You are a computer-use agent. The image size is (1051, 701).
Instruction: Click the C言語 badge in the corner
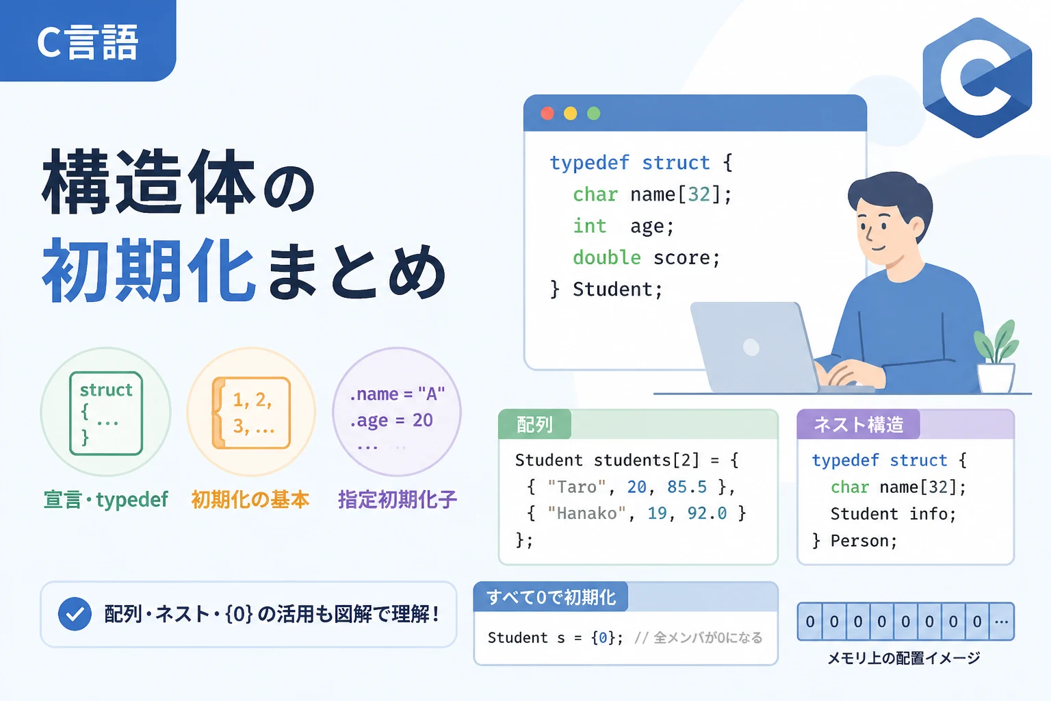point(88,40)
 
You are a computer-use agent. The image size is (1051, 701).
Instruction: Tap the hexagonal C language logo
point(977,77)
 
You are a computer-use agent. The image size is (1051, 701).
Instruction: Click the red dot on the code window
point(547,114)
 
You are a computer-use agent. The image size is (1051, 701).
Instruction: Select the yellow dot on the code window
point(570,114)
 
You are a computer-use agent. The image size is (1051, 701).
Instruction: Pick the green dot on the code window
point(593,114)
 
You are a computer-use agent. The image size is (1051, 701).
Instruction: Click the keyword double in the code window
point(607,257)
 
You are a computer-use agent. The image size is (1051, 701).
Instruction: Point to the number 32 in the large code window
point(699,194)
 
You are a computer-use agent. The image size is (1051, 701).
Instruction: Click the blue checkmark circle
point(75,613)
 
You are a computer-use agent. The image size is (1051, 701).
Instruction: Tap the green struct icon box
point(106,413)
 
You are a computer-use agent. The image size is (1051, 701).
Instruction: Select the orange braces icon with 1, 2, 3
point(252,413)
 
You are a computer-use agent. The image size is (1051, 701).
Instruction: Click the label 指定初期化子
point(398,499)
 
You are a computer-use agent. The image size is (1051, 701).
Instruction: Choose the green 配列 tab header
point(534,424)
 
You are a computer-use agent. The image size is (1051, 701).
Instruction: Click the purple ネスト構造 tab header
point(858,424)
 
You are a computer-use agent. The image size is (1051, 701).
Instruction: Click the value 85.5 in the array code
point(687,487)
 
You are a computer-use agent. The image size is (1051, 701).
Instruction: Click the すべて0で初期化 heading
point(551,597)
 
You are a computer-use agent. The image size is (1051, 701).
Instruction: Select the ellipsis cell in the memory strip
point(1001,622)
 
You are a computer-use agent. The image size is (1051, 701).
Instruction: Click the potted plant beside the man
point(996,357)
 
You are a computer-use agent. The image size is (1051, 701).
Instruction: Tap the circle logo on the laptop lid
point(751,348)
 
